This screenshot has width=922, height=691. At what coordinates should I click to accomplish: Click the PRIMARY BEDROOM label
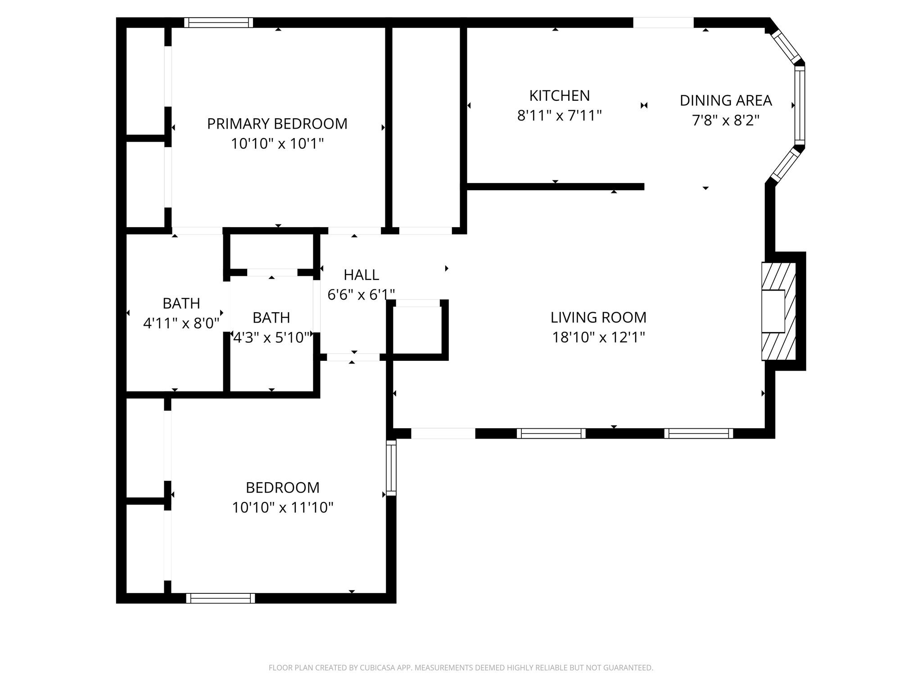click(x=277, y=124)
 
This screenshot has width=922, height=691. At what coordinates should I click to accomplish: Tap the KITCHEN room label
click(x=559, y=96)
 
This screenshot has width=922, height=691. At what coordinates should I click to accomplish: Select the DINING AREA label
click(x=726, y=100)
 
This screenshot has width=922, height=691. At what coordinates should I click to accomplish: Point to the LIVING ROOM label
click(x=598, y=318)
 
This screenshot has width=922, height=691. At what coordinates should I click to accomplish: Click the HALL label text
click(x=361, y=275)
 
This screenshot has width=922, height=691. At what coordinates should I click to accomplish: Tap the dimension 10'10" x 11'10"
click(x=283, y=507)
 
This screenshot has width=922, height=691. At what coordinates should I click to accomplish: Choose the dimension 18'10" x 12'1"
click(x=598, y=337)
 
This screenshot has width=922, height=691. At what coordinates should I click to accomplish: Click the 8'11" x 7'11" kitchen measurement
click(x=559, y=116)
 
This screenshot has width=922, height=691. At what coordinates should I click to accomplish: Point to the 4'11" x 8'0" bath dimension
click(x=181, y=323)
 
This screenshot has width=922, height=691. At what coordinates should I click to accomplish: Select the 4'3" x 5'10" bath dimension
click(x=271, y=337)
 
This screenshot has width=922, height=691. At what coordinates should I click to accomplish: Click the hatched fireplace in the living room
click(x=779, y=311)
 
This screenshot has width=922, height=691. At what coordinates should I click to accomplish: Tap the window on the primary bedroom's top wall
click(x=218, y=22)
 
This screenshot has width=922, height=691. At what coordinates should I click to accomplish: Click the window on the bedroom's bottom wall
click(x=221, y=598)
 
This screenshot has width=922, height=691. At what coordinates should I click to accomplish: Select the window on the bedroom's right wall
click(x=391, y=468)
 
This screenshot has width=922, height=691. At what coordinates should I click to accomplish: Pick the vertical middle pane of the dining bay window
click(x=800, y=105)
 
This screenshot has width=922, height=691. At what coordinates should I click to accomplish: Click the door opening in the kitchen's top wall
click(x=663, y=22)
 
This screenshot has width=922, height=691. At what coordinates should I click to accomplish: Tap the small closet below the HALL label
click(x=417, y=330)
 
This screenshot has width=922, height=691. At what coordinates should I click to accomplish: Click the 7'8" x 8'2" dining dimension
click(x=726, y=121)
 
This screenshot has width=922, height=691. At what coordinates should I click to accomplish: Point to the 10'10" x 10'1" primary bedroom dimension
click(x=277, y=144)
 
